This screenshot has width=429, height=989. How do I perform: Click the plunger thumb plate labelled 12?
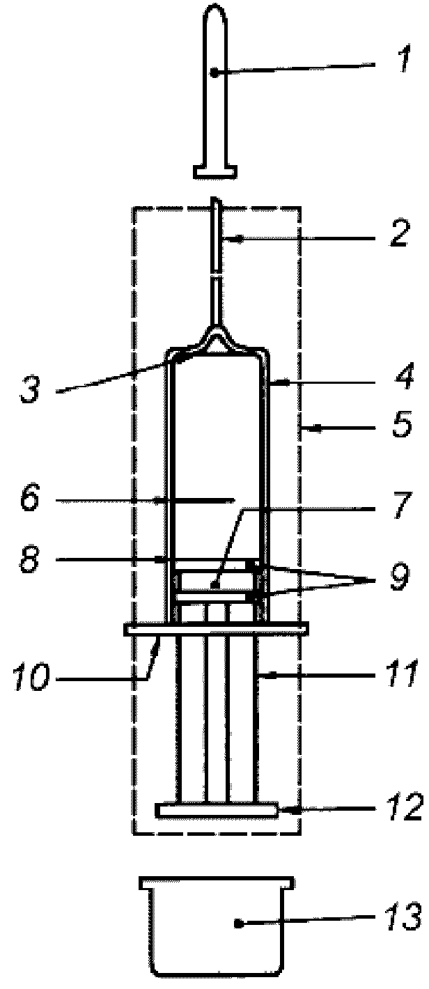[x=216, y=811]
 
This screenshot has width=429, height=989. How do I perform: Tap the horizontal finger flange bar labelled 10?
[x=216, y=630]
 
